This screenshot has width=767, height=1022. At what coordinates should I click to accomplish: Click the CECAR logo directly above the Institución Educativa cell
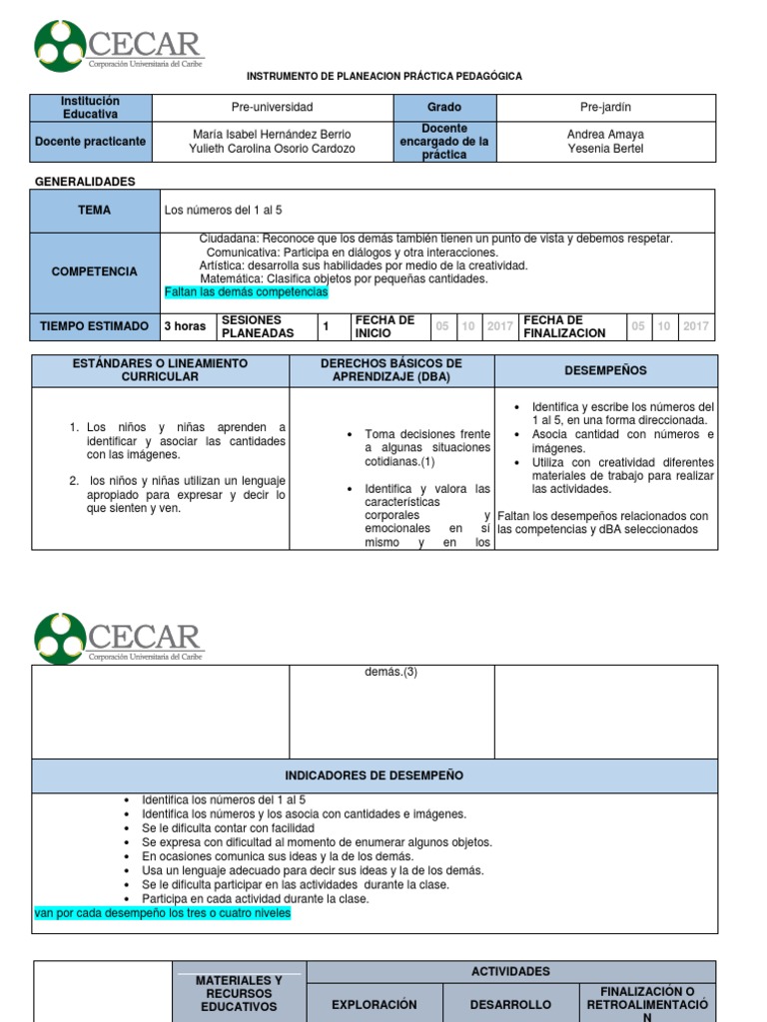tap(118, 48)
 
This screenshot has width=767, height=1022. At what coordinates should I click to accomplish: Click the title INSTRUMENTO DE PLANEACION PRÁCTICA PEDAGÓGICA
tap(383, 77)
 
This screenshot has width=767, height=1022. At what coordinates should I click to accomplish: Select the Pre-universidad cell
tap(272, 108)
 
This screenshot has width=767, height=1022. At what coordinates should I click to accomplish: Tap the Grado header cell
tap(444, 108)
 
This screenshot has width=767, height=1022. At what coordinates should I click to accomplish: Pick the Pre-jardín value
tap(605, 108)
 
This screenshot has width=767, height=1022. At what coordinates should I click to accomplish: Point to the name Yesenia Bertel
tap(605, 149)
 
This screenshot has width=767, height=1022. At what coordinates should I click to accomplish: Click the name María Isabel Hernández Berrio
tap(272, 135)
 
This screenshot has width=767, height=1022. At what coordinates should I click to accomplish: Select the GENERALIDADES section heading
tap(85, 182)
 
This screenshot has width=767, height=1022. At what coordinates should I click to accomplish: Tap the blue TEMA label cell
tap(95, 211)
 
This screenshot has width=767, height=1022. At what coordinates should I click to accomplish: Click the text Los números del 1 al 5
tap(223, 211)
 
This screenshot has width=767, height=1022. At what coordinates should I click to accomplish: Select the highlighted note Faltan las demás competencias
tap(246, 292)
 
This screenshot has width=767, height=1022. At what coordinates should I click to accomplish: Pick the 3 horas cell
tap(185, 326)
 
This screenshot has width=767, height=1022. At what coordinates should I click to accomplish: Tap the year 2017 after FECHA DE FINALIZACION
tap(696, 326)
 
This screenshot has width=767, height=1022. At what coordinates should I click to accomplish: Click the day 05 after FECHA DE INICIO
tap(443, 326)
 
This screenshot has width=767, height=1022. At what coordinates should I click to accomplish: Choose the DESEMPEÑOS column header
tap(605, 370)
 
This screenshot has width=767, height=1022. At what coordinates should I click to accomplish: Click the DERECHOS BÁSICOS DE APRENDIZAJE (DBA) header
tap(391, 370)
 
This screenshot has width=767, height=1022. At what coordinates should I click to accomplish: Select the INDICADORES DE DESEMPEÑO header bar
tap(374, 775)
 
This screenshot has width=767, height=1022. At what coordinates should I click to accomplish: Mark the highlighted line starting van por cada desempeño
tap(162, 912)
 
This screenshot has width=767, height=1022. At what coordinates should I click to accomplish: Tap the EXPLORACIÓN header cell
tap(374, 1004)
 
